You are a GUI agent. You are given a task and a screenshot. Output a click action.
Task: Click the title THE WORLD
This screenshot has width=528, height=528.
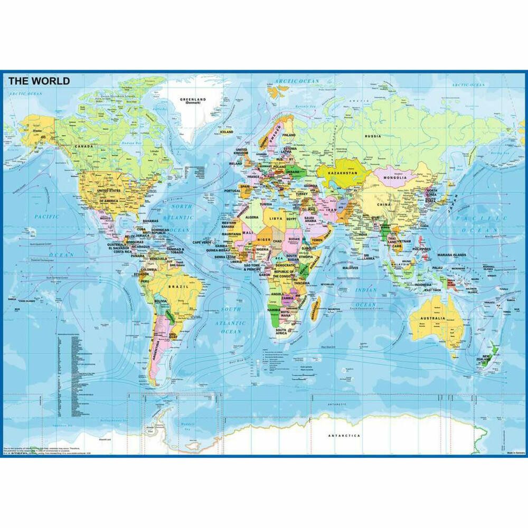pyautogui.click(x=39, y=81)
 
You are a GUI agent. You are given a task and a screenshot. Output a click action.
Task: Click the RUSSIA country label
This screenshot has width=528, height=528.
pyautogui.click(x=372, y=137)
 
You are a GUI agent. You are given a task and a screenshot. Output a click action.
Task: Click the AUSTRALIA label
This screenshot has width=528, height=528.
pyautogui.click(x=433, y=319)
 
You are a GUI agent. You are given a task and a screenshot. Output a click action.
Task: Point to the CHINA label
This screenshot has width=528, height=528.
pyautogui.click(x=384, y=203)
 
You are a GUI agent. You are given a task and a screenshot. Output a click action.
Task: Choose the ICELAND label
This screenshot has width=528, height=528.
pyautogui.click(x=227, y=132)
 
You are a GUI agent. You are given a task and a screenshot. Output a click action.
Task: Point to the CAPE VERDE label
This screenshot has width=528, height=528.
pyautogui.click(x=202, y=242)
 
